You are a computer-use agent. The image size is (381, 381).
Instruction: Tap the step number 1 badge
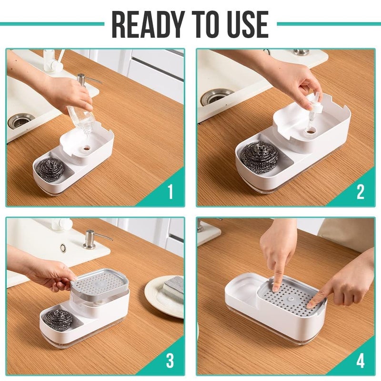[170, 192]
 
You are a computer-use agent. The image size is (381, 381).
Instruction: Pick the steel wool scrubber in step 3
[58, 319]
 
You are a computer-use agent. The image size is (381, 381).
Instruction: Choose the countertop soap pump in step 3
[90, 239]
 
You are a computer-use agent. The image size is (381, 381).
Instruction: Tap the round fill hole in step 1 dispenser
[86, 148]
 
